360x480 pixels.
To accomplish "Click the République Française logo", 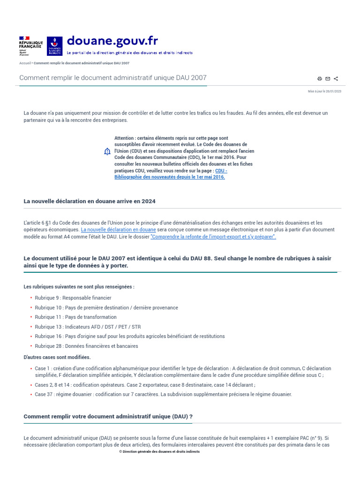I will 30,45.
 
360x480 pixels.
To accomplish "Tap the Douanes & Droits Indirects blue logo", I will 54,45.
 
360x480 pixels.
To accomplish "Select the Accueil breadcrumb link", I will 25,63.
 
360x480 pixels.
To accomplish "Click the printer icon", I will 320,79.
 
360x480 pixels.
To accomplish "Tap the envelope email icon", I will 328,79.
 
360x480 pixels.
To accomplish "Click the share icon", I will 336,79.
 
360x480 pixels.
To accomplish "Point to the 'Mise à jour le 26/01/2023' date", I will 324,91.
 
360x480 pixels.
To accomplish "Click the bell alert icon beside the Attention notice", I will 107,151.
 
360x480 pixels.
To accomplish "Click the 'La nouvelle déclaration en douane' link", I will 118,230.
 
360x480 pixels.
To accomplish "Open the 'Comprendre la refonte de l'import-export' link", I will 213,237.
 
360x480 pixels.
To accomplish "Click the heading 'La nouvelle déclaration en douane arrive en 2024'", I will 90,201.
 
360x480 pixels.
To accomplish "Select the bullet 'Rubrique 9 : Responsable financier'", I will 73,298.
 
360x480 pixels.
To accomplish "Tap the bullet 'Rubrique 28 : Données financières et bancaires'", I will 86,346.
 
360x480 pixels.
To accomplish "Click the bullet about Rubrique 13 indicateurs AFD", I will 88,327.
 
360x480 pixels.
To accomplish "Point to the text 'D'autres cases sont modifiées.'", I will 57,357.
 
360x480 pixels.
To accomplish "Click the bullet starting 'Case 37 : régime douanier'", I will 163,394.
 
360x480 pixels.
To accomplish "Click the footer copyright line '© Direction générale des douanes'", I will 159,451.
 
